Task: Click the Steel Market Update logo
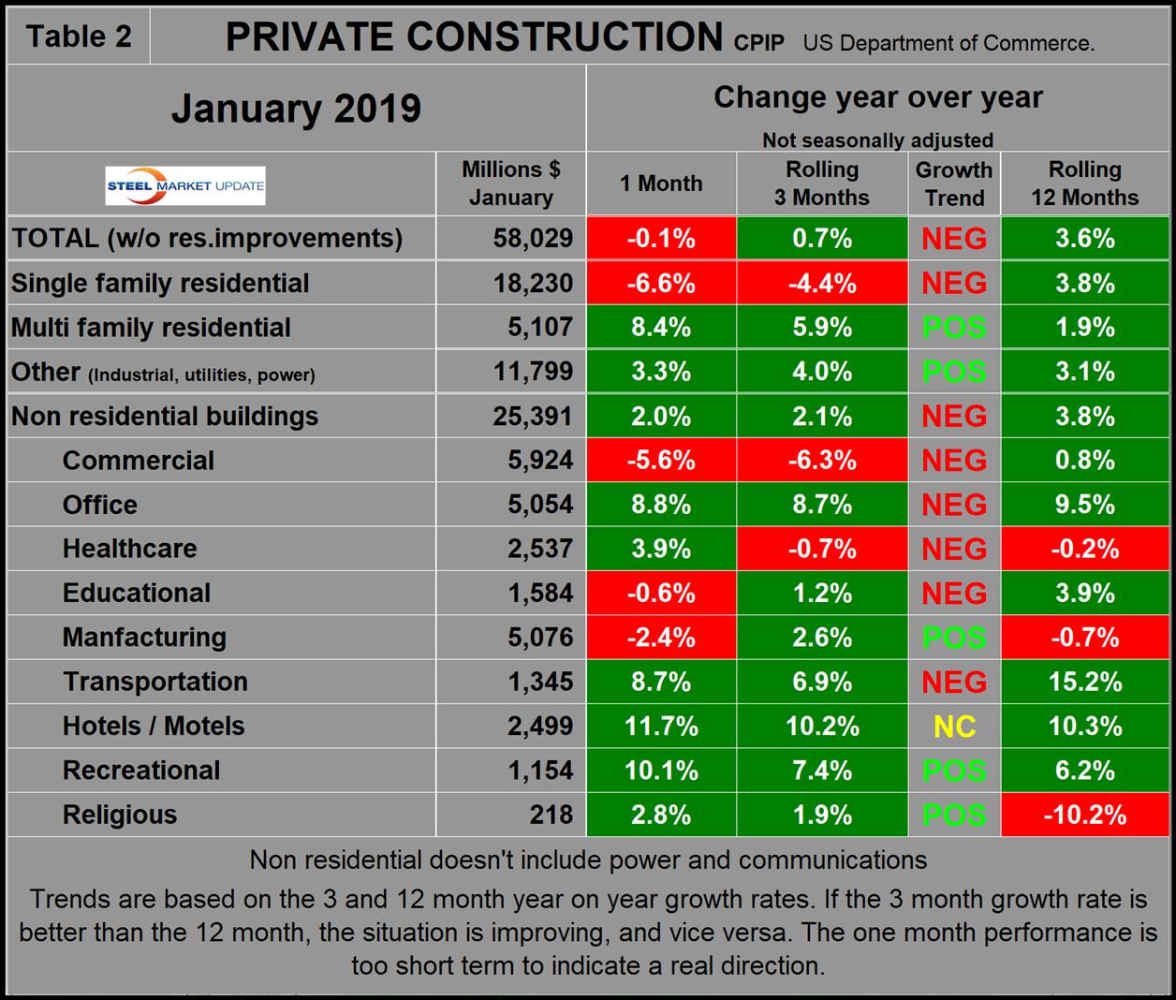pyautogui.click(x=185, y=185)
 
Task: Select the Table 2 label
pyautogui.click(x=79, y=37)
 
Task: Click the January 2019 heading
pyautogui.click(x=296, y=109)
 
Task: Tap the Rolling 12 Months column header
pyautogui.click(x=1084, y=184)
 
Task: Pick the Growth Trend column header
pyautogui.click(x=953, y=184)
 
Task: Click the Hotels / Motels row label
pyautogui.click(x=154, y=726)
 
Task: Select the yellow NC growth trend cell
pyautogui.click(x=954, y=727)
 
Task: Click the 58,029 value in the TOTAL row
pyautogui.click(x=533, y=238)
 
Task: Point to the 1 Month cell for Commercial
pyautogui.click(x=661, y=461)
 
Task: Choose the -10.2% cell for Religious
pyautogui.click(x=1084, y=815)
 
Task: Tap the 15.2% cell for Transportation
pyautogui.click(x=1084, y=682)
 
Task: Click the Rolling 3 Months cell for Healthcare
pyautogui.click(x=822, y=549)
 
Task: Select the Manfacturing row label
pyautogui.click(x=144, y=638)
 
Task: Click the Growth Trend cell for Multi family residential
pyautogui.click(x=954, y=328)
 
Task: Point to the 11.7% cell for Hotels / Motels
pyautogui.click(x=661, y=727)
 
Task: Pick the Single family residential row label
pyautogui.click(x=160, y=284)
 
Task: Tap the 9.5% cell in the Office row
pyautogui.click(x=1084, y=505)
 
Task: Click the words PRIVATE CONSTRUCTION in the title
pyautogui.click(x=474, y=37)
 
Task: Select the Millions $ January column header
pyautogui.click(x=510, y=184)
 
